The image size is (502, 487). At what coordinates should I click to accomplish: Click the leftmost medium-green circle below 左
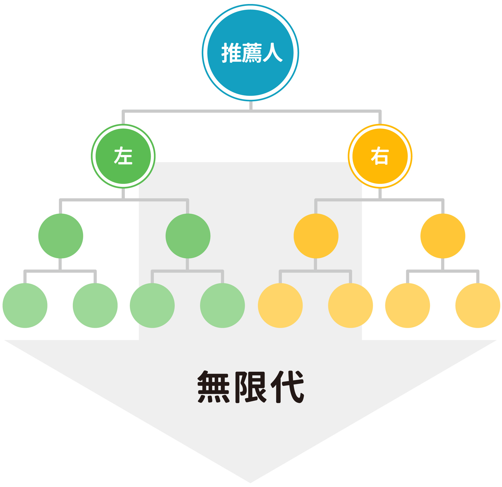(61, 236)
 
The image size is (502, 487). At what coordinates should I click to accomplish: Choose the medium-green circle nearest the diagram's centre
(188, 236)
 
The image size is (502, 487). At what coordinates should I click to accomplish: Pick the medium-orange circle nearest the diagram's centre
(317, 236)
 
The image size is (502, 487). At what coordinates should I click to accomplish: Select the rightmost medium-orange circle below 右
(444, 236)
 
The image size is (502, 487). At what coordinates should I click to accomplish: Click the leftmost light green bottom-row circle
(25, 306)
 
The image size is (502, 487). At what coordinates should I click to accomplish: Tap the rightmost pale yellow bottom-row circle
(478, 306)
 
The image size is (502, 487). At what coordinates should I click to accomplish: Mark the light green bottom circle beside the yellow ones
(223, 306)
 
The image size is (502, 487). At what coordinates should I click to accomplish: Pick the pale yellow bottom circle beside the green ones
(281, 306)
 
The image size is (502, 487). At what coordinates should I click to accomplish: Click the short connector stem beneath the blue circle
(251, 105)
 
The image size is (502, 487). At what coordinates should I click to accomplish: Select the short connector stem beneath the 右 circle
(381, 194)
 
